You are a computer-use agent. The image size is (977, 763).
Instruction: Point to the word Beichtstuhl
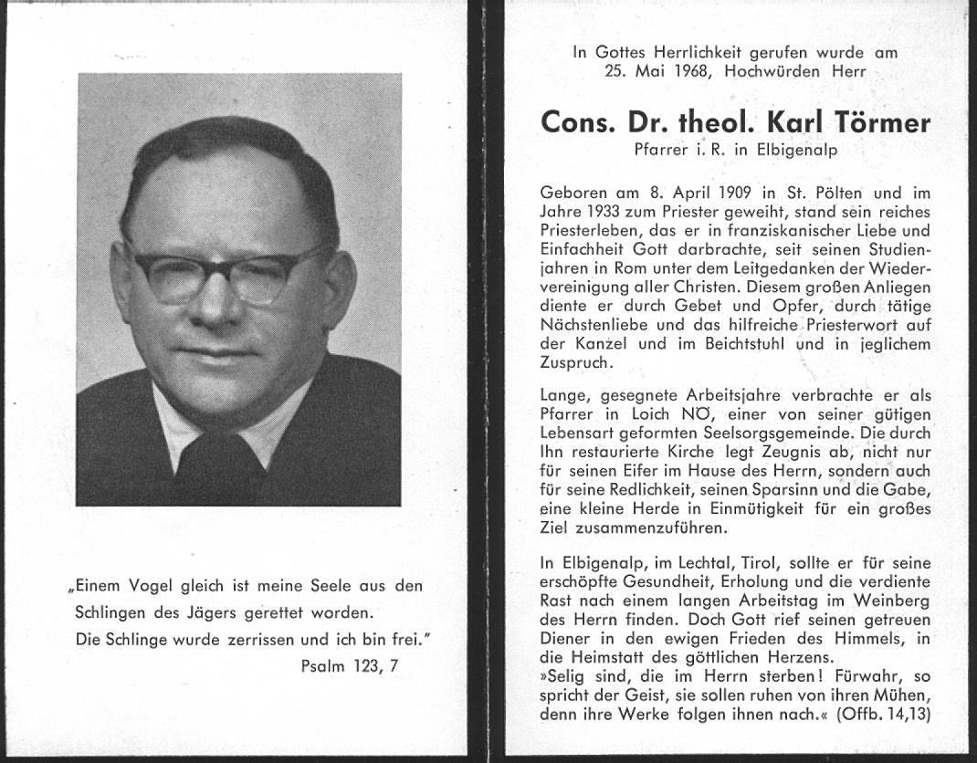pyautogui.click(x=727, y=344)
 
